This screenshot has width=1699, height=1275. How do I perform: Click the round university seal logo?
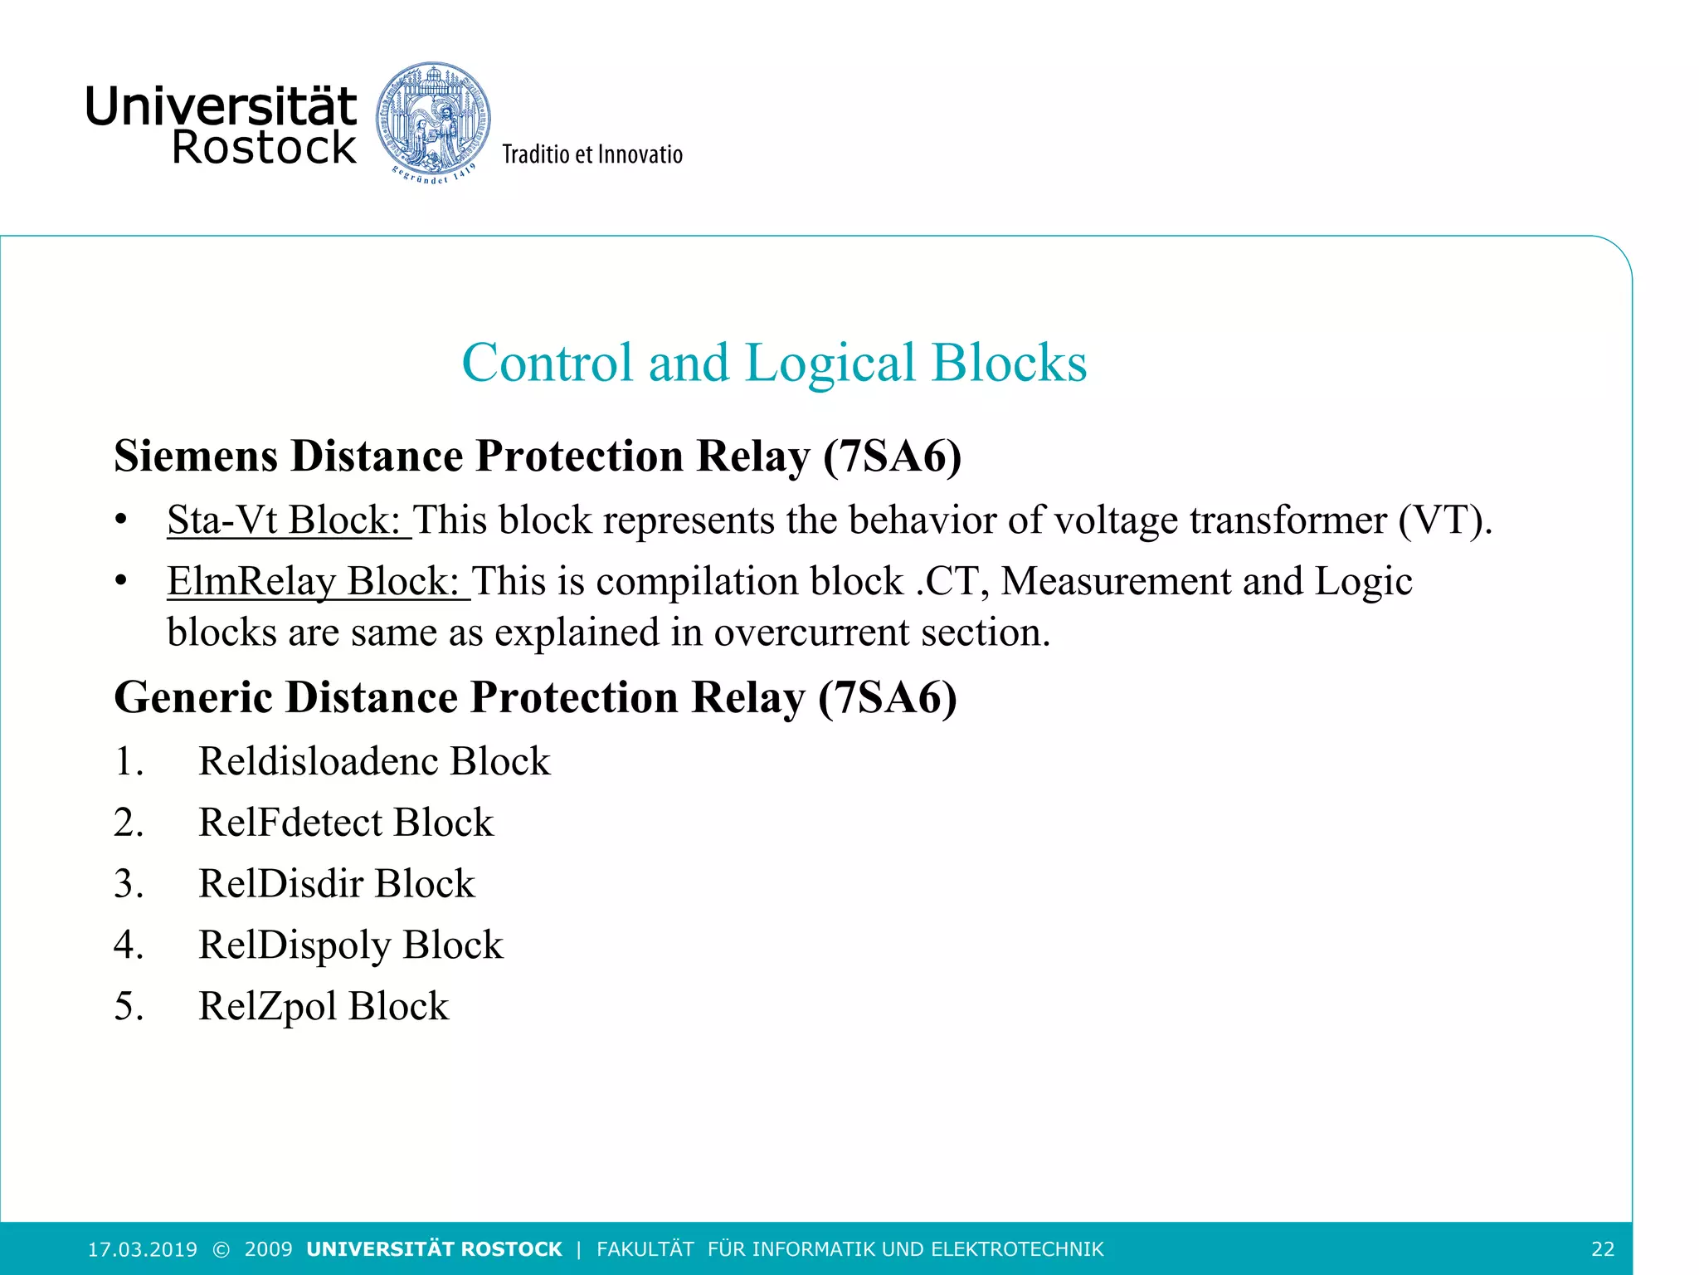point(432,121)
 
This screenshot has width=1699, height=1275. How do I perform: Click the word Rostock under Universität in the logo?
point(264,149)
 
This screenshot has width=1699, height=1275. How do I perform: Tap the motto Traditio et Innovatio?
point(592,154)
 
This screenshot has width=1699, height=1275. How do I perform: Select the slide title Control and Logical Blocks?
point(773,363)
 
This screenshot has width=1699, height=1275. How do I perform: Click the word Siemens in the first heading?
point(196,457)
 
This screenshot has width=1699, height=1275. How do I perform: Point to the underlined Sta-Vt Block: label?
point(288,520)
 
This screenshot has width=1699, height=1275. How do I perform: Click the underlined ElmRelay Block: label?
point(318,581)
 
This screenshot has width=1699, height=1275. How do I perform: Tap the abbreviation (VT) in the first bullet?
point(1443,520)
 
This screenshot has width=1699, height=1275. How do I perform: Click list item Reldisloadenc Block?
point(374,761)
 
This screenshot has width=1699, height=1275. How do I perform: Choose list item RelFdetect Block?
point(346,823)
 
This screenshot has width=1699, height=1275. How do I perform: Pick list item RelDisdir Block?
point(336,884)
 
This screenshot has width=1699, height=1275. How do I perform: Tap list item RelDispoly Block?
point(350,945)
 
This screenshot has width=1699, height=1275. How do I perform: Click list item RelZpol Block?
point(324,1006)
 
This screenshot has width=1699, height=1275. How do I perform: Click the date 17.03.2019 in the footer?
point(143,1249)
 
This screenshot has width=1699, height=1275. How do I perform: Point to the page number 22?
point(1603,1249)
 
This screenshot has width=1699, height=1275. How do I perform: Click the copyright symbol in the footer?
point(221,1249)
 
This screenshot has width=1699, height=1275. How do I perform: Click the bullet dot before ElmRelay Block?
point(121,581)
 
